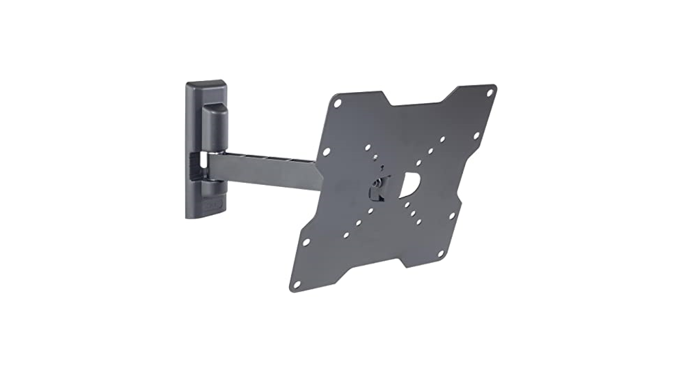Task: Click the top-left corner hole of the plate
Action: pyautogui.click(x=337, y=103)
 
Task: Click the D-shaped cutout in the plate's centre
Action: pyautogui.click(x=410, y=185)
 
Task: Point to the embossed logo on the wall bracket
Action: pyautogui.click(x=213, y=208)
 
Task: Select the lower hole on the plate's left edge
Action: pyautogui.click(x=305, y=242)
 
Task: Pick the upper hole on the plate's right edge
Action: pyautogui.click(x=475, y=136)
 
